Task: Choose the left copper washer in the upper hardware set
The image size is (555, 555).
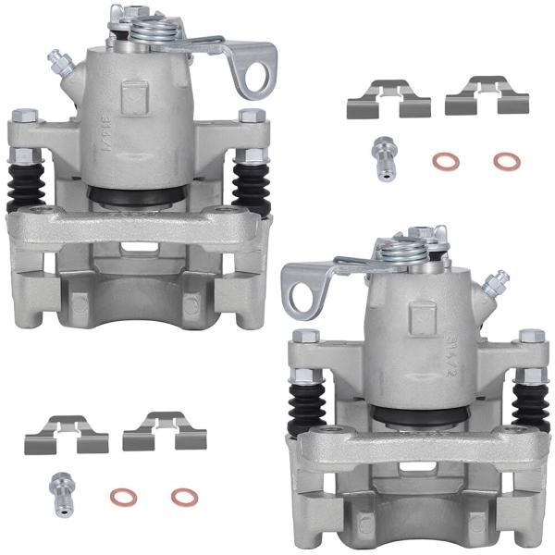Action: [446, 162]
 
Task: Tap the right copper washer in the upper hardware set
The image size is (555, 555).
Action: [506, 162]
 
